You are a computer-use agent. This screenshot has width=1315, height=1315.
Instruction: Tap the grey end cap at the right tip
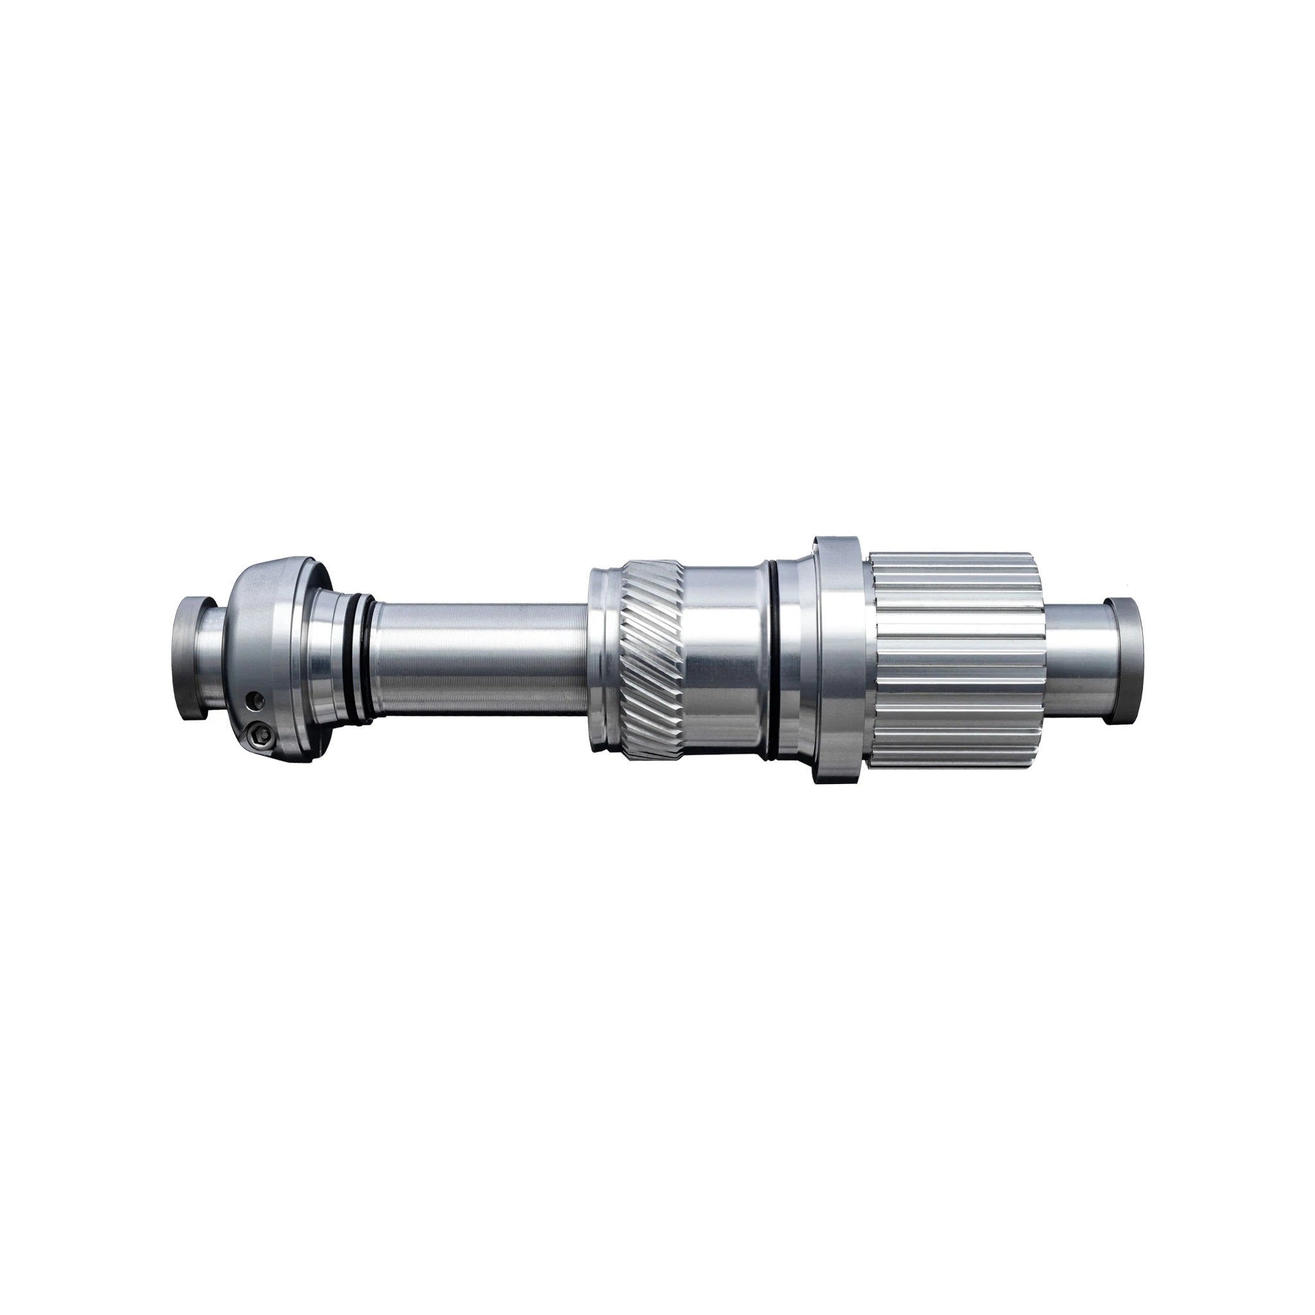1124,659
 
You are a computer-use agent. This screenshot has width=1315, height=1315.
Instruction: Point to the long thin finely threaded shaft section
476,659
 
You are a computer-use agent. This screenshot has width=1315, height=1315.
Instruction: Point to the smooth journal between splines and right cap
1076,659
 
